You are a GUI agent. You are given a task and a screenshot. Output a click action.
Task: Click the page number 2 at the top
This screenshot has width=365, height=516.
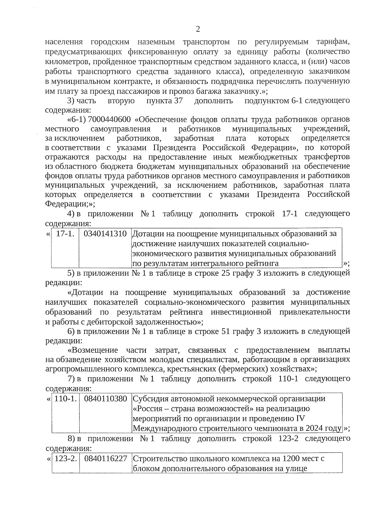tap(198, 29)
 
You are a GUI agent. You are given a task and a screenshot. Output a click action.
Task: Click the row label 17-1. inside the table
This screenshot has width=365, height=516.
tap(65, 234)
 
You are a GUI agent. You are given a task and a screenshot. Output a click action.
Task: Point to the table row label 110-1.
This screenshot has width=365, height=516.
tap(65, 398)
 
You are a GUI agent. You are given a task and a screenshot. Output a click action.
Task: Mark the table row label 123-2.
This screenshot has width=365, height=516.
tap(65, 458)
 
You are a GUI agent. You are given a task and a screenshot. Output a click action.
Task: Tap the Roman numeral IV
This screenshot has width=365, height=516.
tap(300, 418)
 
